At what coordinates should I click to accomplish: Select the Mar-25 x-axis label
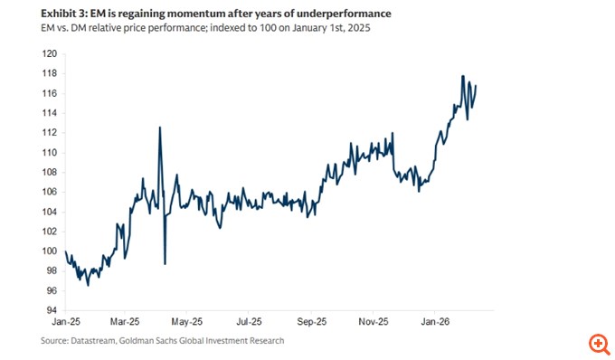pyautogui.click(x=126, y=321)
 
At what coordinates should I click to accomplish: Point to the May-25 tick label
pyautogui.click(x=184, y=321)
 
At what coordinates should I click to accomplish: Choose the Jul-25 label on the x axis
pyautogui.click(x=248, y=321)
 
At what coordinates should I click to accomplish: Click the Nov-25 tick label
pyautogui.click(x=373, y=321)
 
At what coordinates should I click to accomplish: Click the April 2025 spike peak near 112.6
pyautogui.click(x=160, y=128)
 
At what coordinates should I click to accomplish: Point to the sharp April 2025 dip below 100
pyautogui.click(x=165, y=263)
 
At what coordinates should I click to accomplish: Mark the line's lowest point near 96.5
pyautogui.click(x=88, y=285)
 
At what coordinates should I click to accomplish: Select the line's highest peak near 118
pyautogui.click(x=463, y=76)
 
